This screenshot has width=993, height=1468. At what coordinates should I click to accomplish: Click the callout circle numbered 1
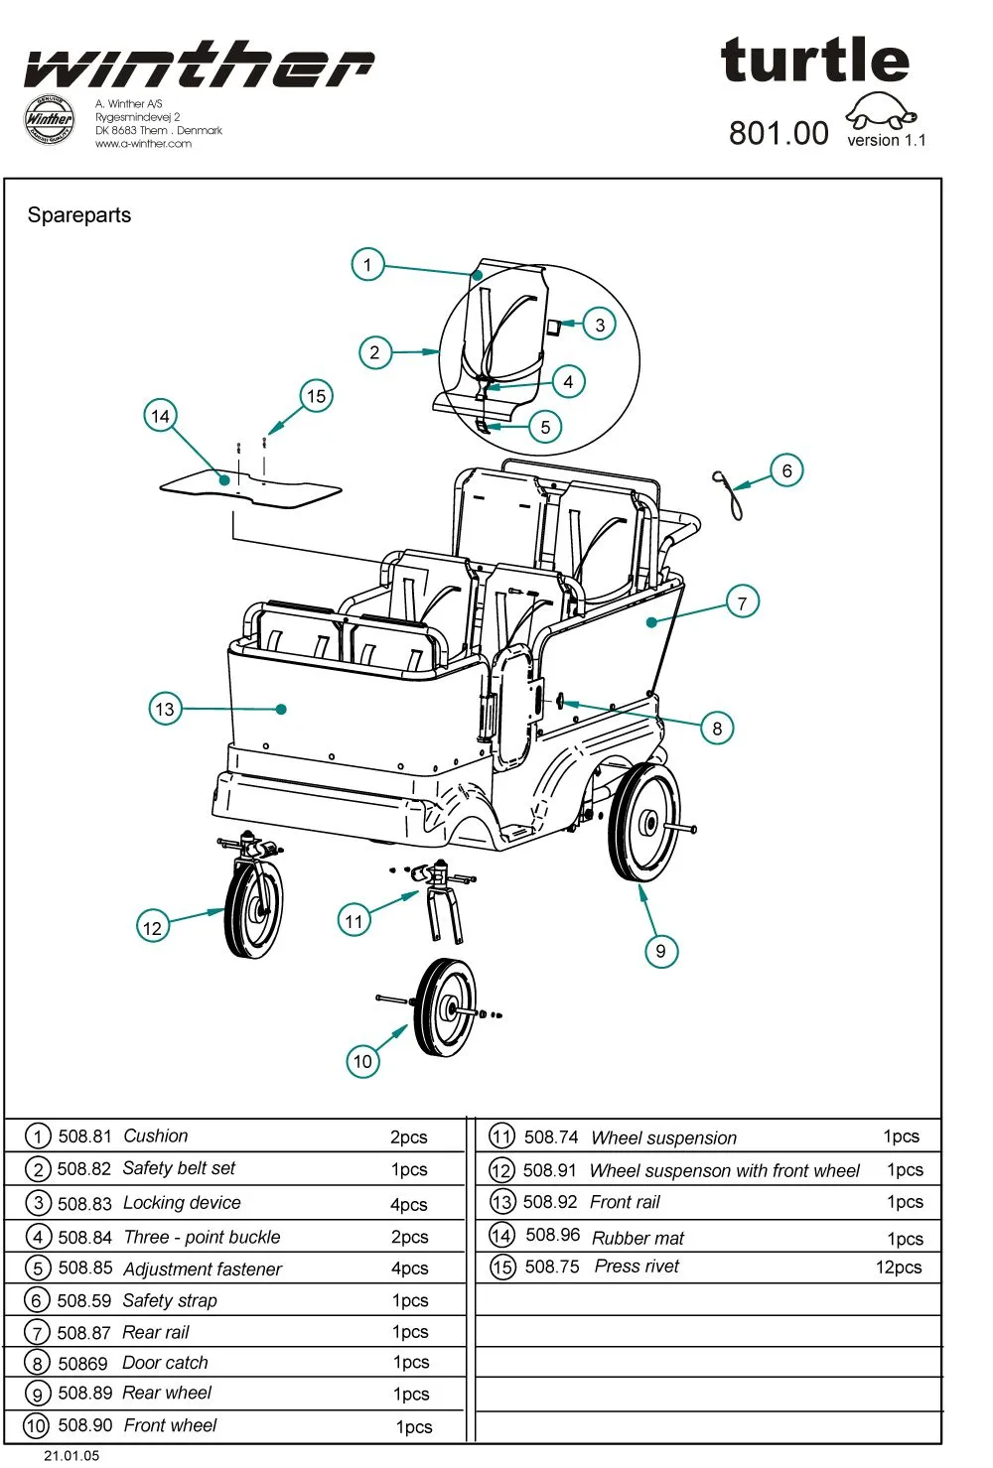coord(367,265)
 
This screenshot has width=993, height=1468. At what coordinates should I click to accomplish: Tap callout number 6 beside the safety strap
coord(786,470)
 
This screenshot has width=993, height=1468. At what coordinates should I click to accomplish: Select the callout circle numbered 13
coord(165,709)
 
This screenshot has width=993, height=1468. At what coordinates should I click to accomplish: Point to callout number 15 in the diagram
coord(316,396)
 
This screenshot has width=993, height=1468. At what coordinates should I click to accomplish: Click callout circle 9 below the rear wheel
coord(660,951)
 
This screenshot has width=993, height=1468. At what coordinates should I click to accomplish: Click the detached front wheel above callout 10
coord(444,1007)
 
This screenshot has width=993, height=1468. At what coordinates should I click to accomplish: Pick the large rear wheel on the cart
coord(643,822)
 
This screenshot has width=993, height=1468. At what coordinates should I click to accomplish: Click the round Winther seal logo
coord(49,119)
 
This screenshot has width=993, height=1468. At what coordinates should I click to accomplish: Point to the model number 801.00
coord(779,133)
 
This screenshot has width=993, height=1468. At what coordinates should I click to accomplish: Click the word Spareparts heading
coord(79,215)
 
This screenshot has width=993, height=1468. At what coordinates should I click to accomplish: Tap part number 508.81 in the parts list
coord(84,1136)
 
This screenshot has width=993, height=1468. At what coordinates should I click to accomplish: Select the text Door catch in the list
coord(165,1363)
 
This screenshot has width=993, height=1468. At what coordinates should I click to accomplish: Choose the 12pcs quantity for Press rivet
coord(898,1268)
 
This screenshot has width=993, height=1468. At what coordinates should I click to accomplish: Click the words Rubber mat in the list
coord(638,1238)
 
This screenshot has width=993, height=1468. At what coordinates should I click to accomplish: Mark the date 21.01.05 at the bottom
coord(71,1455)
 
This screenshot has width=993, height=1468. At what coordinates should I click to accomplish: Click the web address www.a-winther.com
coord(143,144)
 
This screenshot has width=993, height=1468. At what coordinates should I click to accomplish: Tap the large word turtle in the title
coord(814,62)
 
